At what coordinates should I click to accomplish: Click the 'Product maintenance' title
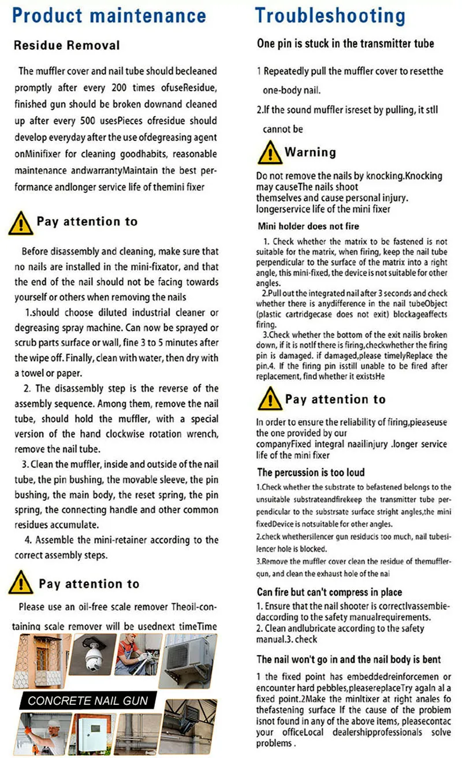[109, 15]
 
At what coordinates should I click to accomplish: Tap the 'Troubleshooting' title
[330, 15]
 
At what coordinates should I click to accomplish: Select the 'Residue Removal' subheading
[66, 45]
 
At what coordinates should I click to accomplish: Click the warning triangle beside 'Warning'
[269, 153]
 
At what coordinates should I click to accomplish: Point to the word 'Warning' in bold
[310, 153]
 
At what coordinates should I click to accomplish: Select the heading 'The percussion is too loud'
[311, 472]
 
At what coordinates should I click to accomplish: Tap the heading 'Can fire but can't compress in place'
[329, 592]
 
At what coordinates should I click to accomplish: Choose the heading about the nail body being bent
[349, 659]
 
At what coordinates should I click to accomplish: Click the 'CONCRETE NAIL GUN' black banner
[88, 701]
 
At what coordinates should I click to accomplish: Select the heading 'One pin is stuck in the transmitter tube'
[345, 44]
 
